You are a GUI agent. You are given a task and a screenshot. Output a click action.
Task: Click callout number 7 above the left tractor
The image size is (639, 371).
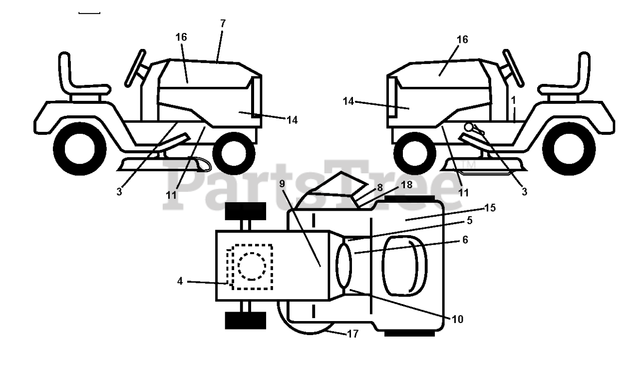[x=223, y=23]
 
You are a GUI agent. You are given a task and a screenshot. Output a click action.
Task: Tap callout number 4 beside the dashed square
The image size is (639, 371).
[x=180, y=281]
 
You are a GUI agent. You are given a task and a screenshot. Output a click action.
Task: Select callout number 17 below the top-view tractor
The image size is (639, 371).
[x=353, y=334]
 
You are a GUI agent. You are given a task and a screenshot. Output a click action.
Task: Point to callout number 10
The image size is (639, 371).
[x=458, y=320]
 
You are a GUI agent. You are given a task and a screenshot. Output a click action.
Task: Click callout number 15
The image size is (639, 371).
[x=490, y=208]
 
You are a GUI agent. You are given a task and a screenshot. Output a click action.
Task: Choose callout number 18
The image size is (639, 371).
[x=406, y=185]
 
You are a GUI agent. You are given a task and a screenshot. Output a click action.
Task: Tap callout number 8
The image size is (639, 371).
[x=380, y=188]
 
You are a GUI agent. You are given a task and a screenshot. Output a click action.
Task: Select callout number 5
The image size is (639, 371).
[x=470, y=220]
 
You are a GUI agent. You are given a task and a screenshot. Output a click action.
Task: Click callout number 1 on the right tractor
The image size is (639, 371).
[x=514, y=100]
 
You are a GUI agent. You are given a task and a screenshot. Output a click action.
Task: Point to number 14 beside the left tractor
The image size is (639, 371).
[x=292, y=120]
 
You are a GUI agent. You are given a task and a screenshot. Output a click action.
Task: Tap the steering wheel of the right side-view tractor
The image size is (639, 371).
[x=513, y=68]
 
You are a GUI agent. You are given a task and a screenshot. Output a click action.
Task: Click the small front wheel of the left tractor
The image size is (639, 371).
[x=234, y=153]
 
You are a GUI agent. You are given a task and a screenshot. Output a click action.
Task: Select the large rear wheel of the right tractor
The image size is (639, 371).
[x=569, y=149]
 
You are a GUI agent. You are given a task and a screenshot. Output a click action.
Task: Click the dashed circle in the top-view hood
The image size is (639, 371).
[x=252, y=266]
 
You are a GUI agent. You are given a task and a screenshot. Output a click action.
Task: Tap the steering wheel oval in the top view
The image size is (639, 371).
[x=344, y=266]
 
